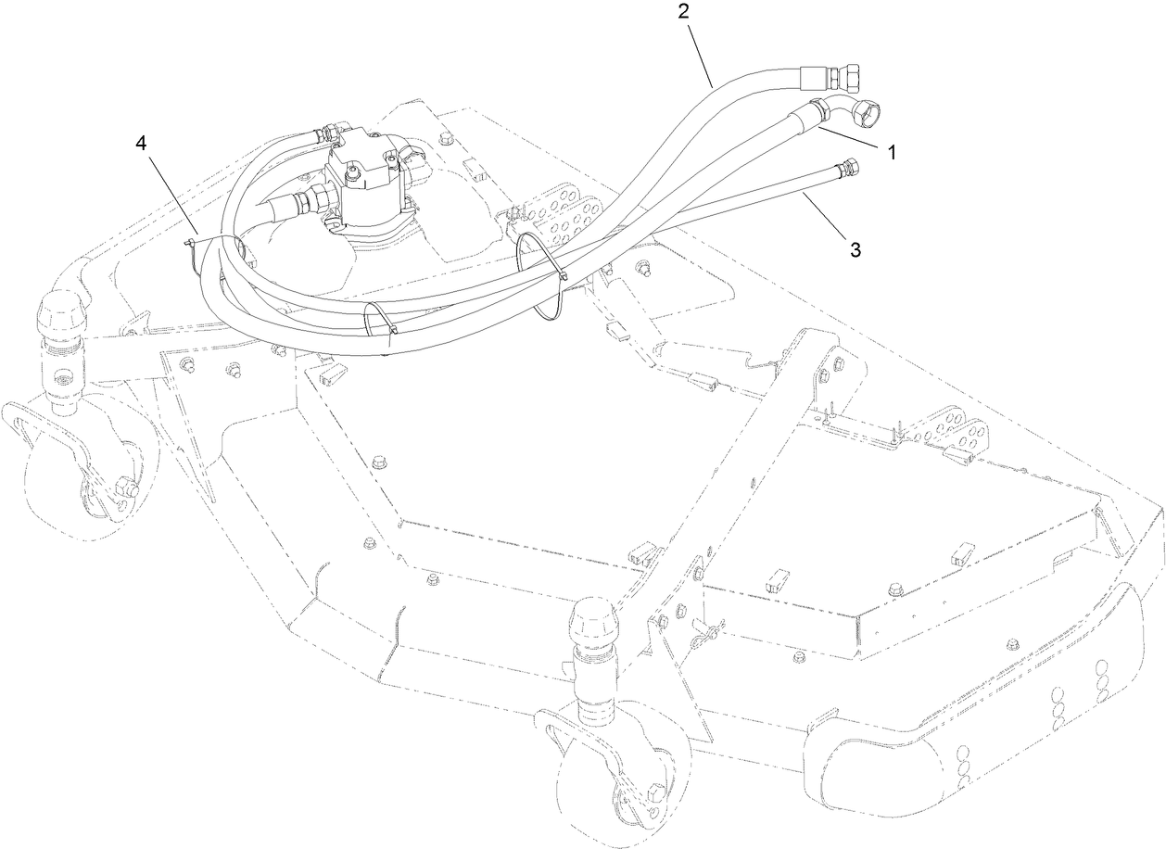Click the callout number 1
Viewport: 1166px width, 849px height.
(892, 153)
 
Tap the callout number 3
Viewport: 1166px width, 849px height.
(855, 249)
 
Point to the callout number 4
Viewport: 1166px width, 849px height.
(141, 143)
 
